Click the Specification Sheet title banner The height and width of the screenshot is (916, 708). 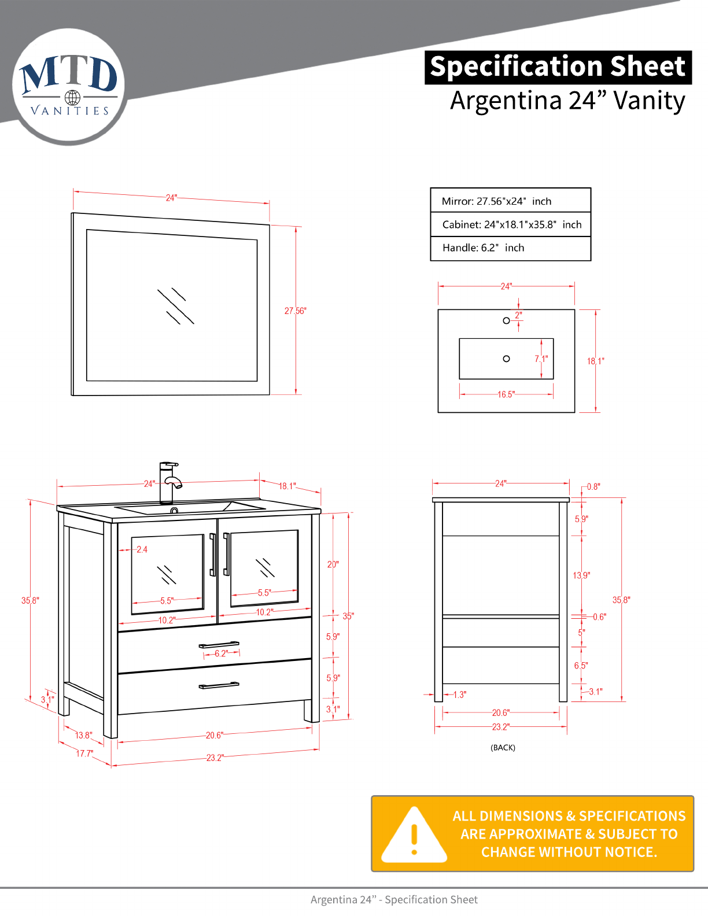point(558,67)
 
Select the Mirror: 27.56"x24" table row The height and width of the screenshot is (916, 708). point(510,201)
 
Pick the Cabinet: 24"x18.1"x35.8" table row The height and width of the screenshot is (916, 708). point(510,224)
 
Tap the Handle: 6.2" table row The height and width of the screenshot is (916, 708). point(510,248)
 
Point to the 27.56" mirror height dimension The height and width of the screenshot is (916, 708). point(295,311)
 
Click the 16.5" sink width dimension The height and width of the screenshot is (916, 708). point(506,394)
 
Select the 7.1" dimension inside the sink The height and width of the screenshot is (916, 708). point(541,359)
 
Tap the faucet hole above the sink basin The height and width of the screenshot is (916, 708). point(506,320)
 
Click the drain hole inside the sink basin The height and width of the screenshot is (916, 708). point(506,359)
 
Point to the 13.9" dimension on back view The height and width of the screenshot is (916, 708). point(581,575)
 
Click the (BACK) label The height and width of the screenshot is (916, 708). point(503,747)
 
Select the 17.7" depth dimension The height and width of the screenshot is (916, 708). point(84,754)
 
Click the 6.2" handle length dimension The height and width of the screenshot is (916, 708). point(221,653)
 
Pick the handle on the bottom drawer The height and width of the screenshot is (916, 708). point(219,686)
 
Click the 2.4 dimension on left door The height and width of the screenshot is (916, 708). point(142,549)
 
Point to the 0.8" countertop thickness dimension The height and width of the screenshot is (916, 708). point(593,487)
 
